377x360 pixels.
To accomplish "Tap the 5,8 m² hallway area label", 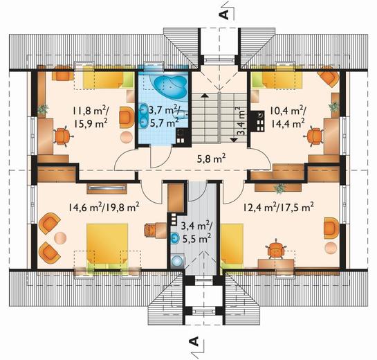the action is (211, 159).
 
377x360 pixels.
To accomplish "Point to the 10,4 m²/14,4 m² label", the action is (287, 117).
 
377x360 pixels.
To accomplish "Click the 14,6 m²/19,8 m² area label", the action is (104, 207).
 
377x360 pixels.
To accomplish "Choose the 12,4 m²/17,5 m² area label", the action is (278, 207).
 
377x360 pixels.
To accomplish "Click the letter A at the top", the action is (224, 15).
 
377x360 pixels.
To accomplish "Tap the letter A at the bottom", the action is (194, 341).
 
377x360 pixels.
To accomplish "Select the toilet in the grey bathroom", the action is (178, 260).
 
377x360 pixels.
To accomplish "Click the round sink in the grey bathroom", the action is (175, 238).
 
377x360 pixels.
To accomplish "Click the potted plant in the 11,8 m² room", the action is (43, 109).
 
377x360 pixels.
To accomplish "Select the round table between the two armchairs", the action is (60, 237).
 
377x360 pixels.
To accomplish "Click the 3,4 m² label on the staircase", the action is (242, 121).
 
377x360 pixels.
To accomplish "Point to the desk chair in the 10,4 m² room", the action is (314, 136).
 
